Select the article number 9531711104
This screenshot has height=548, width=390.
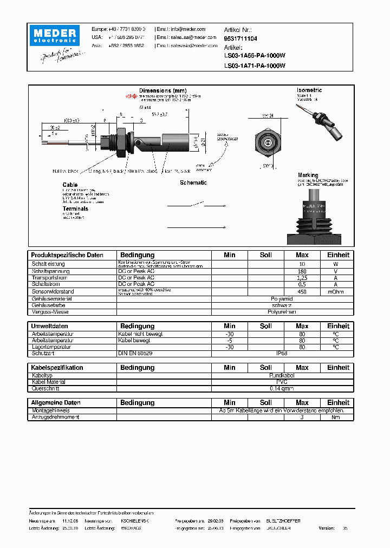tap(240, 39)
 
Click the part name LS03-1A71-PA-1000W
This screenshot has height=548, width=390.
tap(255, 66)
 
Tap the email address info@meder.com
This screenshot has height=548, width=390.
tap(187, 29)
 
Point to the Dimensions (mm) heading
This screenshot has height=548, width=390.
tap(162, 90)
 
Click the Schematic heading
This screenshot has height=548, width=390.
tap(193, 182)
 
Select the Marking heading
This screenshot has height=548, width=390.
tap(308, 175)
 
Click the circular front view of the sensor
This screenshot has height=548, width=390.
tap(267, 142)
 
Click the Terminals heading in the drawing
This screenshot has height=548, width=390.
tap(75, 208)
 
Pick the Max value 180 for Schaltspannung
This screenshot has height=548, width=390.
tap(302, 271)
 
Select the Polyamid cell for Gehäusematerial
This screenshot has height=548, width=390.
tap(282, 298)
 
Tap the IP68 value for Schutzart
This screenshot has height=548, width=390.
tap(282, 354)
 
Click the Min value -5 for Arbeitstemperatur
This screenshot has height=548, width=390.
tap(230, 341)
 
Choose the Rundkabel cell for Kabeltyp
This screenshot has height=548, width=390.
tap(282, 375)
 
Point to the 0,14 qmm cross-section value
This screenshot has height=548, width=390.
tap(282, 388)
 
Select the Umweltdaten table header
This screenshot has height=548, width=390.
tap(50, 326)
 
